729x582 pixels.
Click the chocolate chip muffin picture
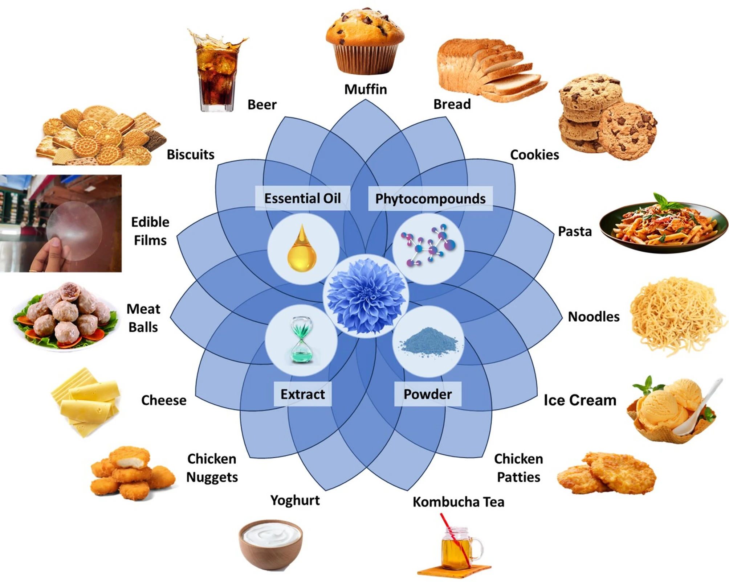[364, 42]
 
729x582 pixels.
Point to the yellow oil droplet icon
[302, 249]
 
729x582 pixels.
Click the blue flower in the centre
[366, 296]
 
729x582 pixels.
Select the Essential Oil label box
[302, 198]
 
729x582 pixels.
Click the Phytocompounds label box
[430, 199]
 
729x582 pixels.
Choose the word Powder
[428, 394]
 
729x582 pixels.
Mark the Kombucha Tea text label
[458, 502]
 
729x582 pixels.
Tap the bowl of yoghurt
[271, 544]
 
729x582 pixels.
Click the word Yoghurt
[295, 500]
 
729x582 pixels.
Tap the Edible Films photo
[61, 223]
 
